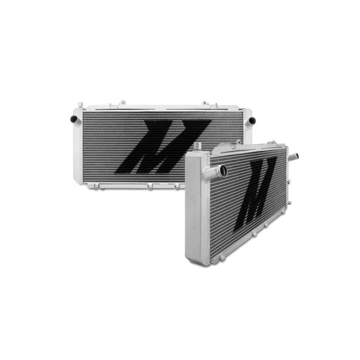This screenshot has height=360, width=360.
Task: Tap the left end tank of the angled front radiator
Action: point(196,206)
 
